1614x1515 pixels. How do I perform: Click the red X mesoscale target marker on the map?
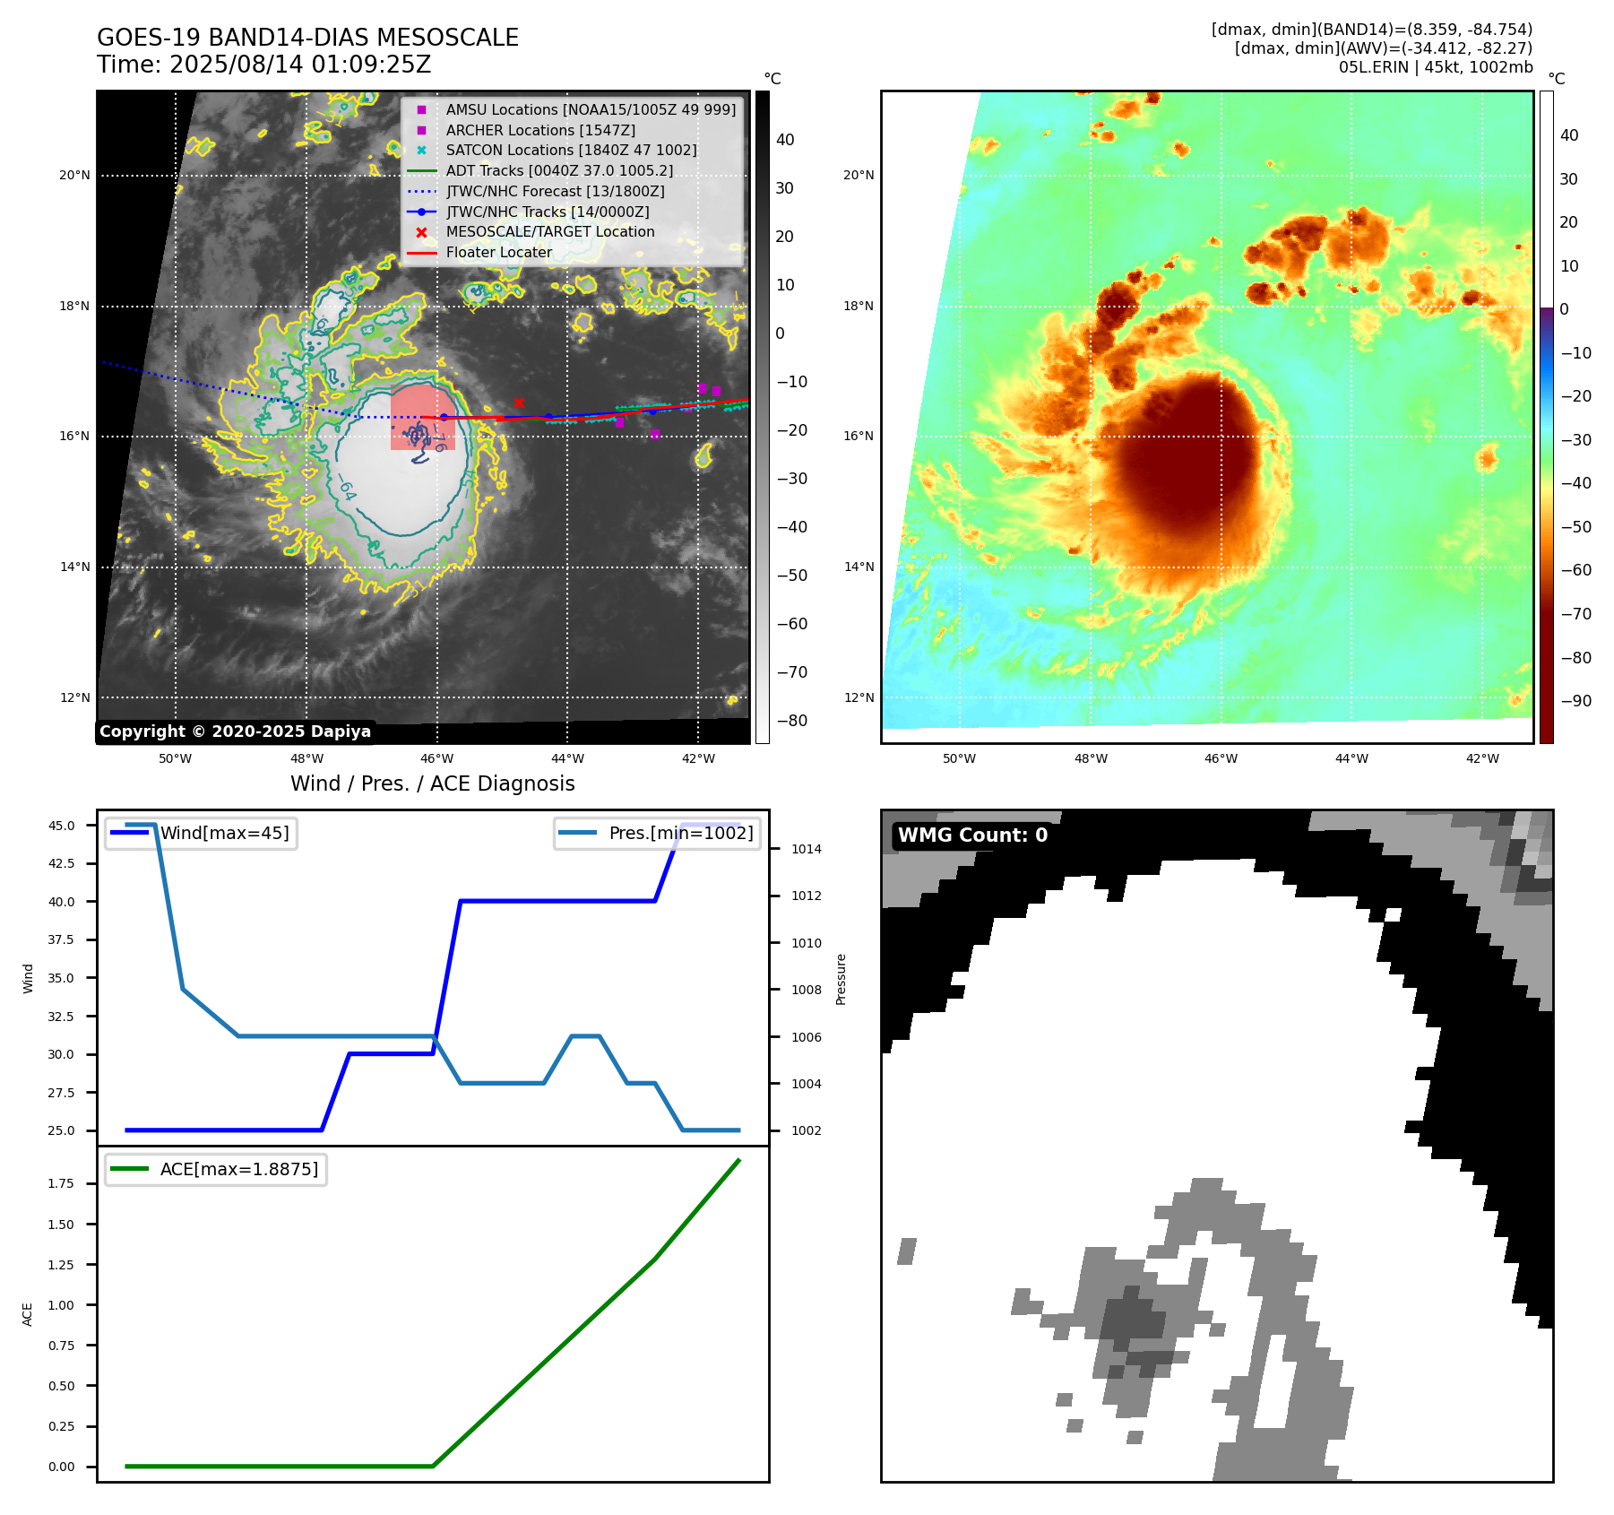519,403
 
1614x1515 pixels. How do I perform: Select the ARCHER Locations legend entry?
539,130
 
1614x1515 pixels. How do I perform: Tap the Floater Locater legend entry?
498,253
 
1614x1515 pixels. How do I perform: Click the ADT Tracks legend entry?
559,170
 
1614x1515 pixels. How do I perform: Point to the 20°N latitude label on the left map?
74,176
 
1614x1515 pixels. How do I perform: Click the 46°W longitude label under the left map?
436,758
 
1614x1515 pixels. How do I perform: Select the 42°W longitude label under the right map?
1482,758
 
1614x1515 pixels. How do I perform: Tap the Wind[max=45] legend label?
224,833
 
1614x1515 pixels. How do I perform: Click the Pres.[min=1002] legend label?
680,833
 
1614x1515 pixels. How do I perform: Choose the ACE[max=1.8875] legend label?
238,1169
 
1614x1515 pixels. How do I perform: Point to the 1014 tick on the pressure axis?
806,849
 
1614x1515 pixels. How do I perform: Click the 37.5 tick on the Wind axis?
62,939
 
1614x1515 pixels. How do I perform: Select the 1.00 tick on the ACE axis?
61,1305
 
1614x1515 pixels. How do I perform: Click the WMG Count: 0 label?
972,835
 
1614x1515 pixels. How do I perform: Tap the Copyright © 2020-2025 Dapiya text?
235,732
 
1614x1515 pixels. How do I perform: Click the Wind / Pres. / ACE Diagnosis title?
432,783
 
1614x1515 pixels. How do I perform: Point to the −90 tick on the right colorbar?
1575,701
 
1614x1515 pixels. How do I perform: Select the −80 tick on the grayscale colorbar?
791,721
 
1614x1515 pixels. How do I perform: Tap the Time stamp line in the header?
264,65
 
